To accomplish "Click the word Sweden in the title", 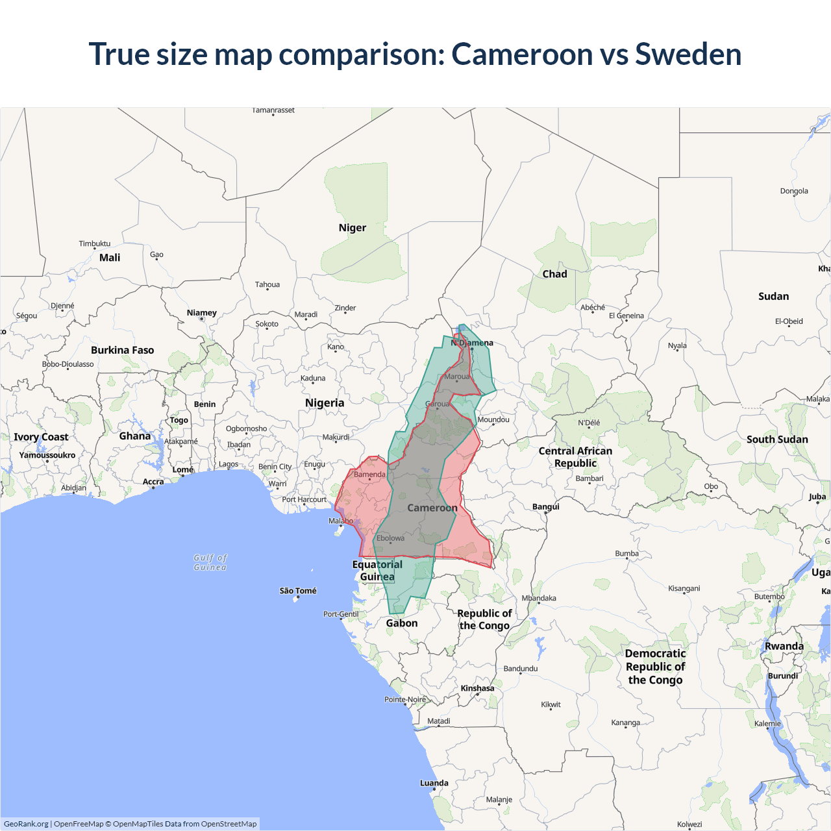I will [x=688, y=54].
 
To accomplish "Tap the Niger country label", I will [x=352, y=228].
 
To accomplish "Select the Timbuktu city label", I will [x=95, y=243].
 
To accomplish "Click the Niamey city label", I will [x=202, y=313].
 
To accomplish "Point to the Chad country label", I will [x=554, y=274].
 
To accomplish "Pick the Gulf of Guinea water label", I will [x=210, y=562].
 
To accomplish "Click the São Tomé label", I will [x=298, y=591].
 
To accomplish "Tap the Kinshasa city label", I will [x=477, y=688].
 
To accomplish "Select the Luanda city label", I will [x=434, y=783].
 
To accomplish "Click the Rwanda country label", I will [x=784, y=646].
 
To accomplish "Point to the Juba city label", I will [x=817, y=497].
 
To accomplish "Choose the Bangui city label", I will [x=545, y=506].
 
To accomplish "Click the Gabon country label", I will [x=402, y=623].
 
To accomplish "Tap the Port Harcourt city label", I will [x=304, y=499].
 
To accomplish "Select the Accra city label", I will [x=153, y=482].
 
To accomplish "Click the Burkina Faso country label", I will [x=122, y=350].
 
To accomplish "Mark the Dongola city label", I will [x=794, y=191].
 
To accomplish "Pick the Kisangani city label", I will [x=684, y=588].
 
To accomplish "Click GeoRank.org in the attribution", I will [x=26, y=824].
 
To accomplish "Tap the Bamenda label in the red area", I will [x=369, y=475].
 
